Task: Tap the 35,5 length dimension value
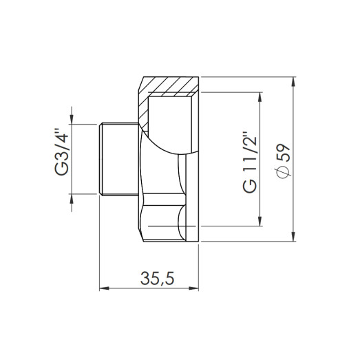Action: pos(157,279)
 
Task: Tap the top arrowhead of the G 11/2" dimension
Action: pos(260,98)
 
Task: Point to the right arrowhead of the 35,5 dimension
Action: pos(197,288)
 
